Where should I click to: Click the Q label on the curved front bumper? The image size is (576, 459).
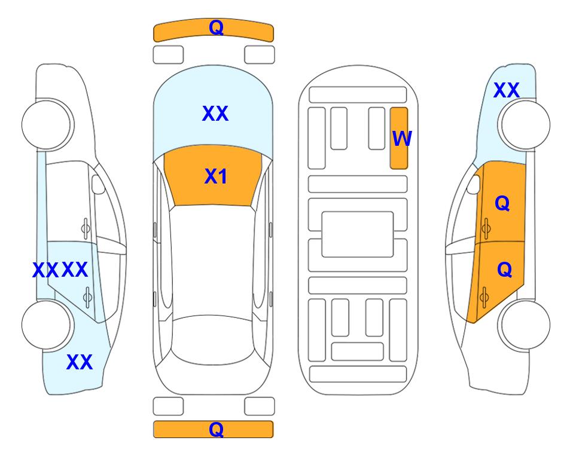[x=217, y=27]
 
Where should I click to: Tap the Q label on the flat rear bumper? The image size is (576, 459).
[x=217, y=429]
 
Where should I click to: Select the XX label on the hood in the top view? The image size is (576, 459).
[x=215, y=113]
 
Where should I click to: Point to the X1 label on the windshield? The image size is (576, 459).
[x=216, y=176]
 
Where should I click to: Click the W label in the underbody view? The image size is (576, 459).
[x=402, y=139]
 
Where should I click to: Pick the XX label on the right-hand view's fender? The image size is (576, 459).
[x=506, y=90]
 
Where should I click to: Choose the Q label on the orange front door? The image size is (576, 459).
[x=502, y=203]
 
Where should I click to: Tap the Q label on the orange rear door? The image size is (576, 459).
[x=504, y=270]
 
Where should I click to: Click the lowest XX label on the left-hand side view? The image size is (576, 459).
[x=80, y=362]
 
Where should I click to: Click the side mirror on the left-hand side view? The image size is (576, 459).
[x=98, y=184]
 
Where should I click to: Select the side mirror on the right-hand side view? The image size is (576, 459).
[x=474, y=184]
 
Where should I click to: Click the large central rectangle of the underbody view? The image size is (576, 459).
[x=358, y=234]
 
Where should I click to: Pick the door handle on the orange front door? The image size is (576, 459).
[x=486, y=228]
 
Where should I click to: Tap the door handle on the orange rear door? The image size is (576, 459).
[x=484, y=297]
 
